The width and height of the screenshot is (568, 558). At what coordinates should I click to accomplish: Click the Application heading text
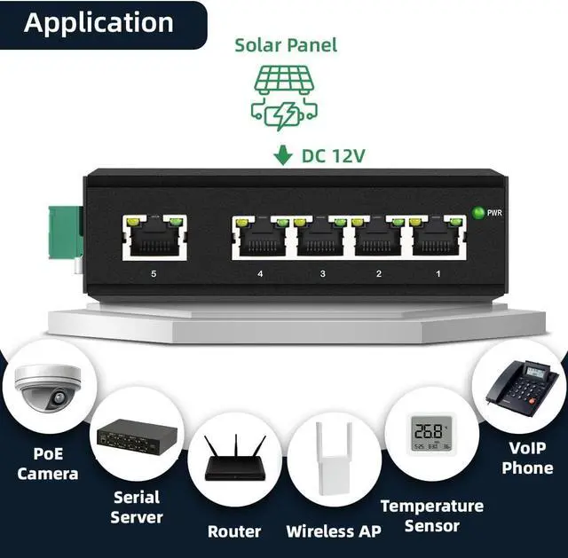point(99,22)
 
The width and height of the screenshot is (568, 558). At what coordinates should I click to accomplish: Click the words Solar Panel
point(286,44)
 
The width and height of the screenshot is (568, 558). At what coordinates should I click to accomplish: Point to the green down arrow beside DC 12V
point(283,156)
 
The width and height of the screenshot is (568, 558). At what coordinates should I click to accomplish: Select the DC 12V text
point(334,156)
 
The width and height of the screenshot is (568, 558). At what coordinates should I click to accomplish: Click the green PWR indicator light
point(479,213)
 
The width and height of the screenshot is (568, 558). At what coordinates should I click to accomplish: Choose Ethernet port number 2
point(380,237)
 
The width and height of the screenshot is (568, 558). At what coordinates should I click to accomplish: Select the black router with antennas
point(233,458)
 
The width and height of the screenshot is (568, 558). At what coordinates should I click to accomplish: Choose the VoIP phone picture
point(525,390)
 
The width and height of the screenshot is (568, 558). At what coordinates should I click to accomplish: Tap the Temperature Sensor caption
point(432,515)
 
